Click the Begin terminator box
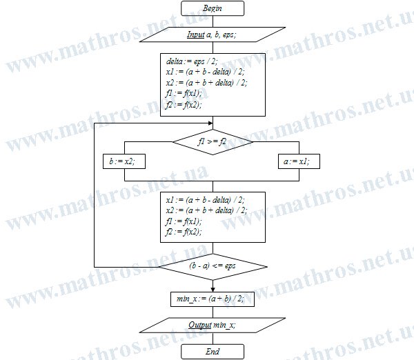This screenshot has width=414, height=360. (213, 8)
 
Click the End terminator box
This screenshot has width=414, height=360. (213, 352)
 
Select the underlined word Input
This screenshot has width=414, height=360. (196, 34)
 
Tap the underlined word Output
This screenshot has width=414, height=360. (200, 325)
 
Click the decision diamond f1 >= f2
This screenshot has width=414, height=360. (213, 142)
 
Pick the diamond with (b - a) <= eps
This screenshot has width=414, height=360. (213, 267)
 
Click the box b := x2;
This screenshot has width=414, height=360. (124, 161)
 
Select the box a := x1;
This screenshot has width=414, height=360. (299, 161)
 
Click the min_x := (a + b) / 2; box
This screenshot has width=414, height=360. (213, 299)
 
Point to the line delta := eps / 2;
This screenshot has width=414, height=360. (192, 61)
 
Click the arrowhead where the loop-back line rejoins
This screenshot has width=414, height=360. (210, 123)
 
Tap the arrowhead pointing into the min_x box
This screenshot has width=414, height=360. (213, 290)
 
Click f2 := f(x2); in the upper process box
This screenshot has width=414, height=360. (184, 105)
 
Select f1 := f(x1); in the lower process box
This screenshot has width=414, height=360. (184, 221)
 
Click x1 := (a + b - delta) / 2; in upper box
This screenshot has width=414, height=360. (205, 72)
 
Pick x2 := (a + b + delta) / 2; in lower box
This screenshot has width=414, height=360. (207, 210)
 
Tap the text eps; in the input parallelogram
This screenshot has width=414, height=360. (229, 35)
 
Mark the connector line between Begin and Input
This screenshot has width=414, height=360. (213, 21)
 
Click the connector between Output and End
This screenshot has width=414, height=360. (213, 339)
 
